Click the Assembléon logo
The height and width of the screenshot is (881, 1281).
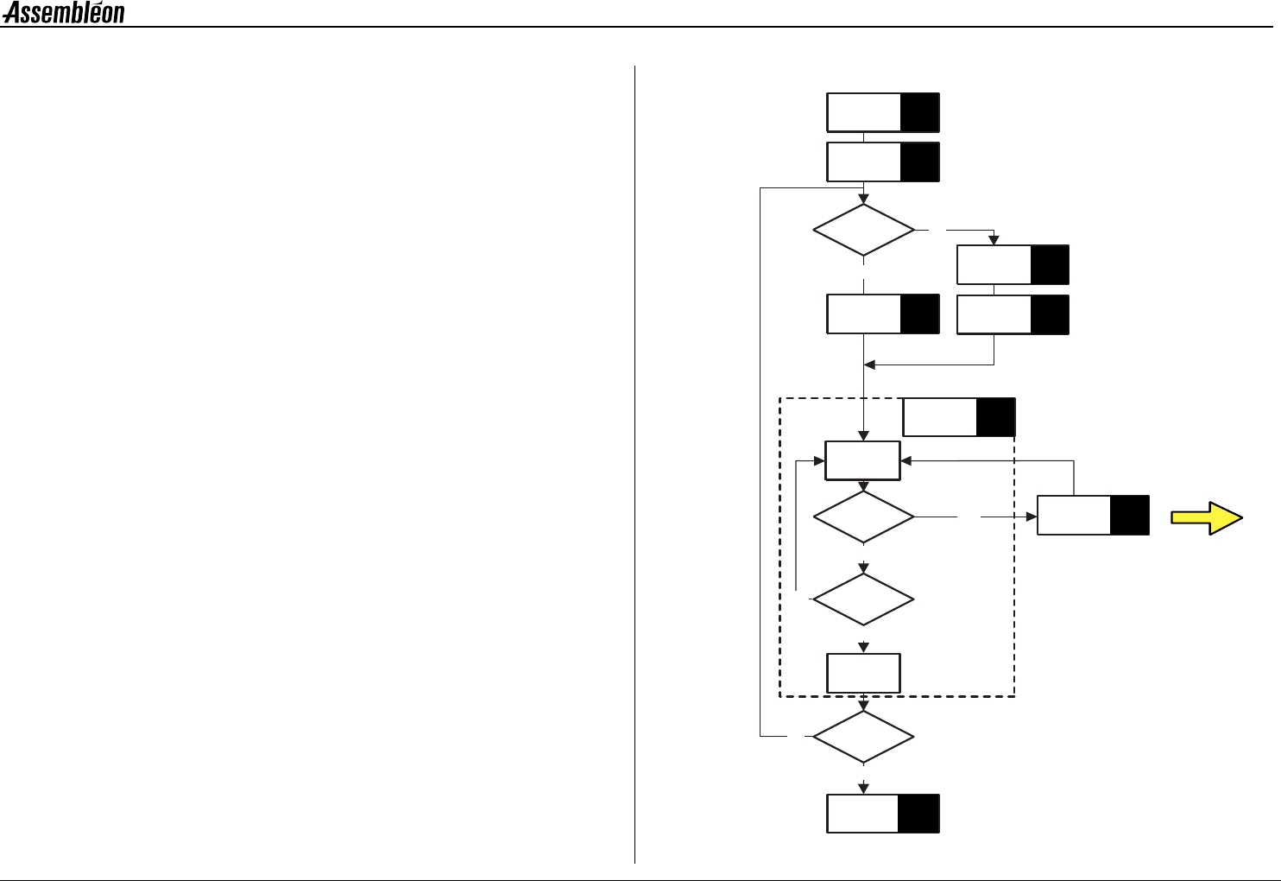(64, 13)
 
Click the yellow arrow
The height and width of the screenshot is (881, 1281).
(1206, 518)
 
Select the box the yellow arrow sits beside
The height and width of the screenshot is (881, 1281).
(1092, 516)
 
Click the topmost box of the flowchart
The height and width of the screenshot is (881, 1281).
(882, 112)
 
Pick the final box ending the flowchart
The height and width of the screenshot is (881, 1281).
(882, 814)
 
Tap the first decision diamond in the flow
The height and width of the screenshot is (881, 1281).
(863, 230)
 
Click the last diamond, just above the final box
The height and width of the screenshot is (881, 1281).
(863, 737)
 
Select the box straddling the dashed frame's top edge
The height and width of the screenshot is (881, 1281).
(958, 418)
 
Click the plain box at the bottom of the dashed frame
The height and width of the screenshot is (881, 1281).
(863, 674)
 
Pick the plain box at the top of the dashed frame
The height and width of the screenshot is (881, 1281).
(863, 460)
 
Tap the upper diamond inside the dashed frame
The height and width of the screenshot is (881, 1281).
(863, 517)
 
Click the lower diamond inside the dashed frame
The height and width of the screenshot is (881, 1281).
(863, 599)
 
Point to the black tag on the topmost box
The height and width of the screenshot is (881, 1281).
(919, 112)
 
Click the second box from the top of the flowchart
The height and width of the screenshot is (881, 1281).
(882, 162)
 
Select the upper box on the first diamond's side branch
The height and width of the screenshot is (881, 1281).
(1013, 265)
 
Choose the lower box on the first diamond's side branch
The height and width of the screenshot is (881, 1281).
(1013, 314)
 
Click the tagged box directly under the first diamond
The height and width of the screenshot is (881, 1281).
(882, 314)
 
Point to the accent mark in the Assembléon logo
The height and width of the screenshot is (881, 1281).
(97, 4)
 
